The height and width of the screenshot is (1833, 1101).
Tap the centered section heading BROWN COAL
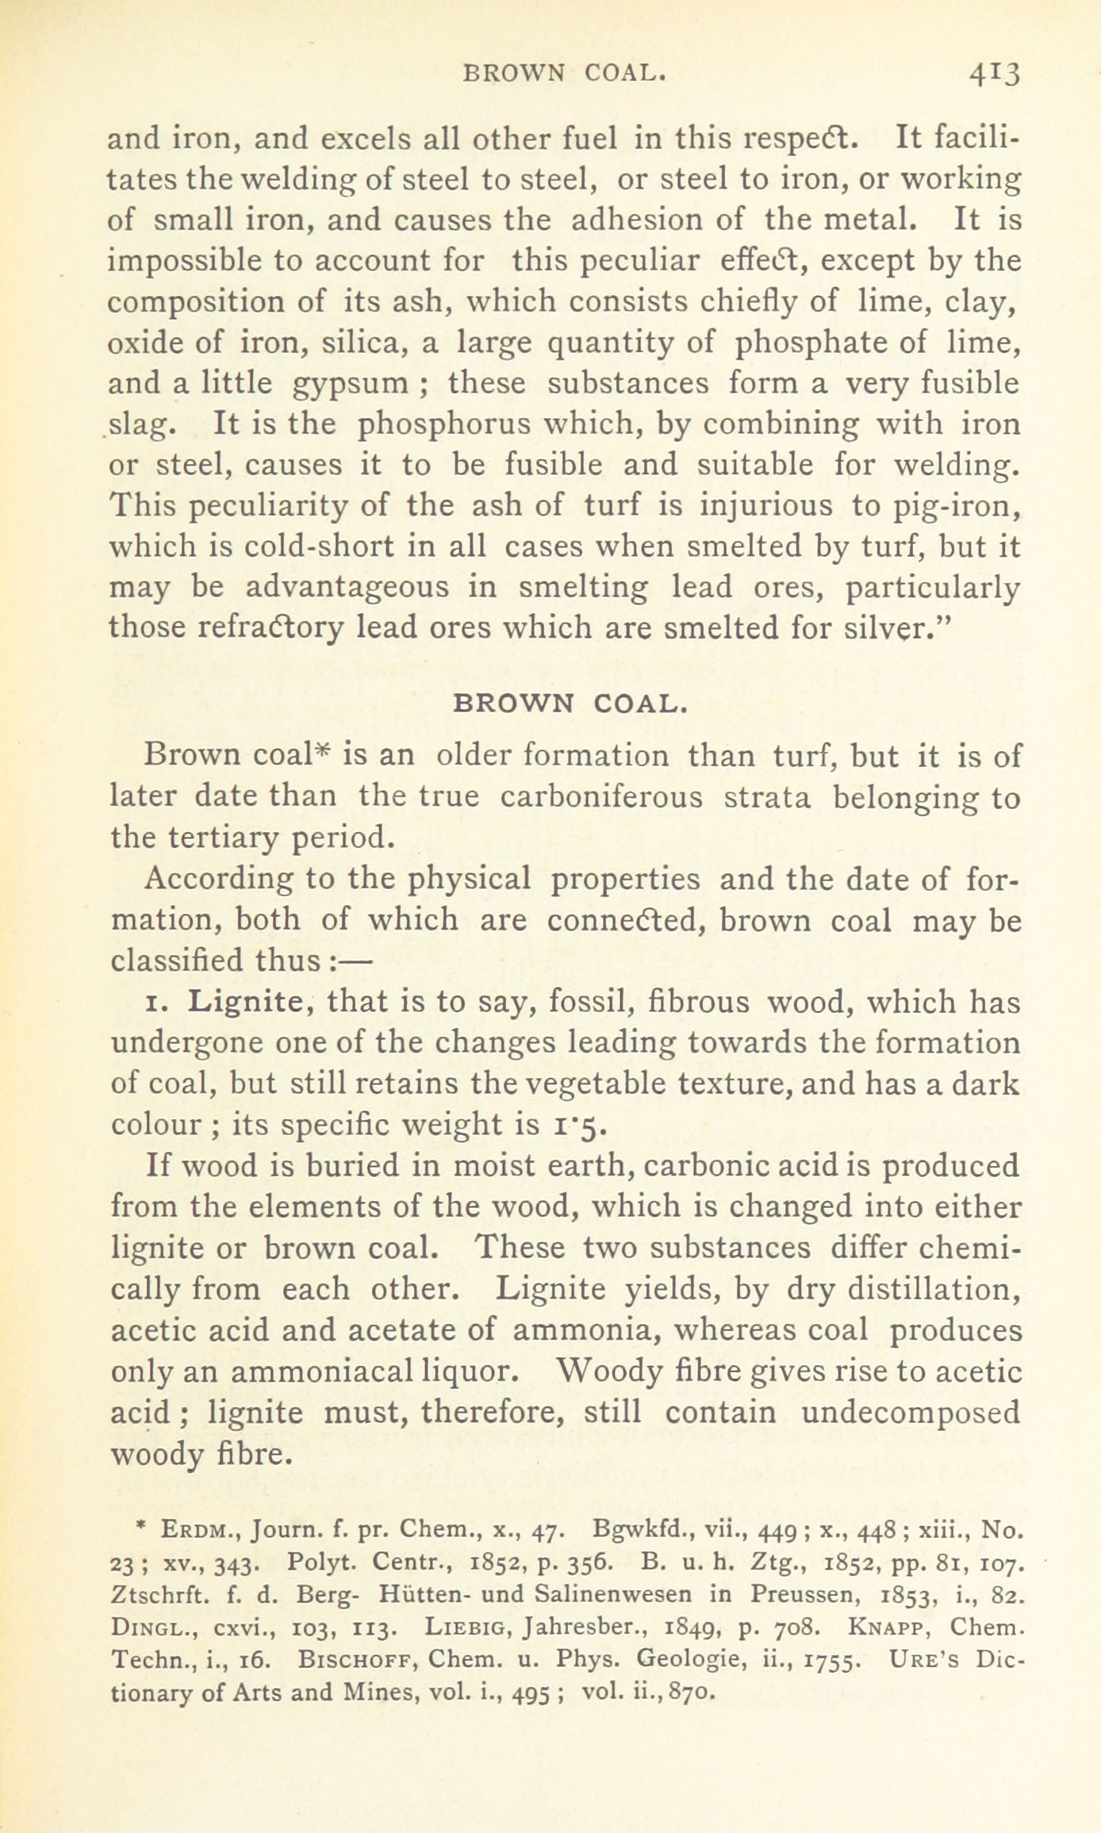[567, 704]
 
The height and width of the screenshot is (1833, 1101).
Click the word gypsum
[351, 384]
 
